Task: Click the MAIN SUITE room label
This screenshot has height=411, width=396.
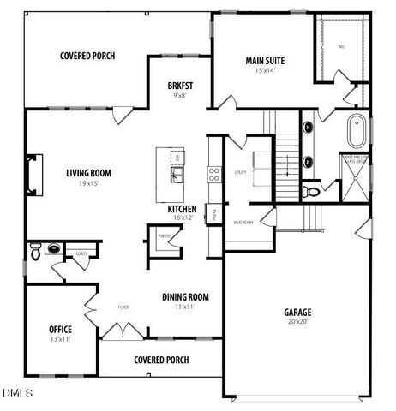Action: coord(265,61)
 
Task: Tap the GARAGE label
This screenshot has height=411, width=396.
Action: coord(297,313)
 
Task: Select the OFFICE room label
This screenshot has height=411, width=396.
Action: coord(61,329)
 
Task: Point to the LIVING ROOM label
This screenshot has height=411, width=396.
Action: coord(89,172)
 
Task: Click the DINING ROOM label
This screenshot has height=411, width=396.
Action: coord(186,297)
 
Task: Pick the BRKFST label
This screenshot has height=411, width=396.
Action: coord(179,86)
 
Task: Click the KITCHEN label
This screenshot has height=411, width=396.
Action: coord(183,209)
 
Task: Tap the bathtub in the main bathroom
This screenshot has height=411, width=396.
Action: coord(356,134)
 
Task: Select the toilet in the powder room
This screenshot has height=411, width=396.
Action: coord(35,251)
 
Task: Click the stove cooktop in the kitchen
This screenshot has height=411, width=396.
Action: coord(213,176)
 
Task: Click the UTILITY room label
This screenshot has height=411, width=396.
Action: coord(240,172)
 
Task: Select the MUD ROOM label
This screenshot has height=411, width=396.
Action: coord(243,223)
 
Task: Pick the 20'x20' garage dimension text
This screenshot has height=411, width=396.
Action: coord(297,323)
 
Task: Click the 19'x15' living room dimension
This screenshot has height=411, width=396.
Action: coord(89,182)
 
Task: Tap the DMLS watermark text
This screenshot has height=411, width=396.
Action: coord(18,393)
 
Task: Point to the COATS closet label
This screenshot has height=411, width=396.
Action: coord(81,253)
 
